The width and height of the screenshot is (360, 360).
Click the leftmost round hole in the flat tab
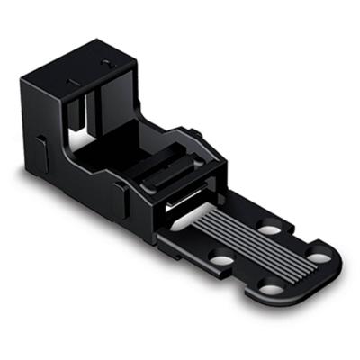pyautogui.click(x=221, y=262)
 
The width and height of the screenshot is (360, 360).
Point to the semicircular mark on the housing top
pyautogui.click(x=107, y=64)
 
